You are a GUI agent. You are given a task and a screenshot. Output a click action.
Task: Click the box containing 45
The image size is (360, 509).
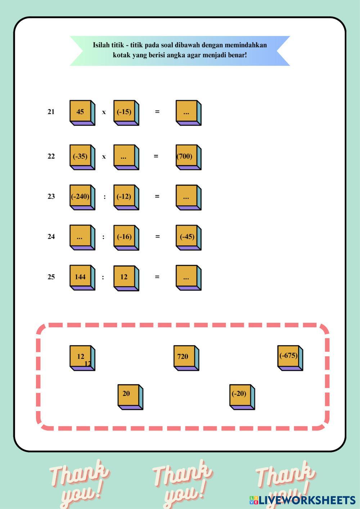pos(81,112)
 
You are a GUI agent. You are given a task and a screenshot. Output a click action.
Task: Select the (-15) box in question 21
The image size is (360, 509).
pos(125,112)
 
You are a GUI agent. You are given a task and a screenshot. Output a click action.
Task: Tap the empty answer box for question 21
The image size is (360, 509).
pos(187,112)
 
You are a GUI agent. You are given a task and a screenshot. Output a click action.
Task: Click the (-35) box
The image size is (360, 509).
pos(81,157)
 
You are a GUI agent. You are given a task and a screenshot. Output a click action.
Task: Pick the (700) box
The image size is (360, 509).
pos(187,157)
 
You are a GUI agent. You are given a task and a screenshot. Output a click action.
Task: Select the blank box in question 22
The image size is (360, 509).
pos(125,157)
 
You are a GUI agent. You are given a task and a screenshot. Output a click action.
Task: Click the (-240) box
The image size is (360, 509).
pos(81,197)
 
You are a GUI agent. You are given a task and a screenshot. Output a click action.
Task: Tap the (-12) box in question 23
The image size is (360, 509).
pos(125,197)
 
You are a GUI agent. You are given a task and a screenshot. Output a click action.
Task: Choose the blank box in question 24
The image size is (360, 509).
pos(81,237)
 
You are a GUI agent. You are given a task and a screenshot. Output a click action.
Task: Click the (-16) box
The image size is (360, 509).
pos(125,237)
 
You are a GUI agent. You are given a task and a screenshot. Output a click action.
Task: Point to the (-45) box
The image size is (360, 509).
pos(187,237)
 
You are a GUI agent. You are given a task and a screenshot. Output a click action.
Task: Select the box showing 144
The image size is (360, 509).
pos(81,277)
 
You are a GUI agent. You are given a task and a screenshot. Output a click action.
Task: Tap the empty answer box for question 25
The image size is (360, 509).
pos(187,277)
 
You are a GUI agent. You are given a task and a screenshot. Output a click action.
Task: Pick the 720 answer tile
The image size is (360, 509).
pos(185,357)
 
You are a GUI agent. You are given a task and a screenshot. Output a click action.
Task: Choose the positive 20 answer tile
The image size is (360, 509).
pos(129,396)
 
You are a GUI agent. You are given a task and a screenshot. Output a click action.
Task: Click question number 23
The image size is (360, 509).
pos(51,197)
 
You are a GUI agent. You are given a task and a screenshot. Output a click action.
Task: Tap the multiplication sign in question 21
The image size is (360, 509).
pos(104,112)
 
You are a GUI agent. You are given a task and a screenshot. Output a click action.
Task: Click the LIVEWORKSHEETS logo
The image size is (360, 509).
pos(302,500)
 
